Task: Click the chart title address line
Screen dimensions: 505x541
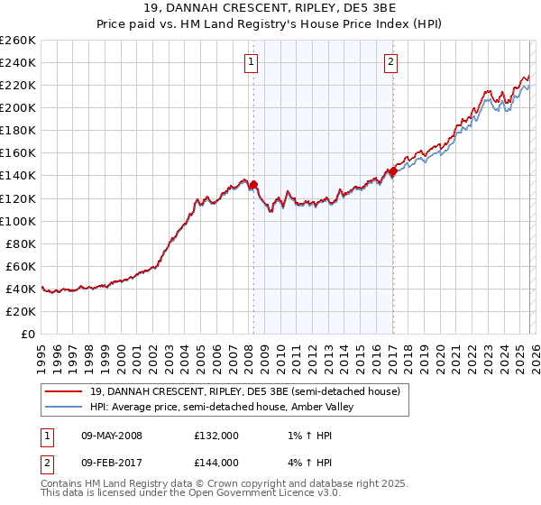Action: [270, 7]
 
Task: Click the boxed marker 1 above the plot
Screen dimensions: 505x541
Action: [250, 62]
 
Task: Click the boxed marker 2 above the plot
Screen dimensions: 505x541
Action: [390, 62]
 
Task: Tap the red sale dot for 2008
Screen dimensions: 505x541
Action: [253, 185]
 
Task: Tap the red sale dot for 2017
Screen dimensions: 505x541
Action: [393, 171]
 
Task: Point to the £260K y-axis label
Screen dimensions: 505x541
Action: [18, 41]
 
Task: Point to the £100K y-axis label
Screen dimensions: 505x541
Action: [18, 221]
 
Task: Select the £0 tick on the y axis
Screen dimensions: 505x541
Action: [27, 334]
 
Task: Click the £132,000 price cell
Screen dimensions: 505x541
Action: [215, 436]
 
